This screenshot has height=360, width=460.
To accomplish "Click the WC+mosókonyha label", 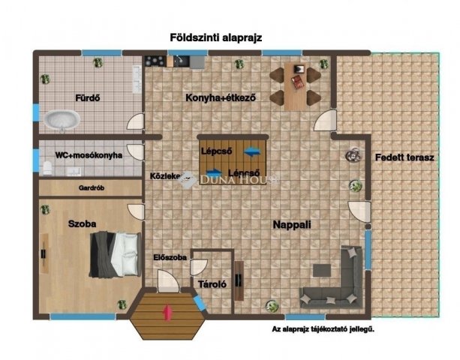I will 83,155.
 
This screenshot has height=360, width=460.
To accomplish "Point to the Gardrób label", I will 91,188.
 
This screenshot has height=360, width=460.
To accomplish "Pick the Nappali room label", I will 292,223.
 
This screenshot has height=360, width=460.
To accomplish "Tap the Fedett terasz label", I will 397,156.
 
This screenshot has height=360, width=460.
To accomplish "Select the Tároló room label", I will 212,284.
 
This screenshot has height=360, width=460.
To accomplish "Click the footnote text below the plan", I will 323,328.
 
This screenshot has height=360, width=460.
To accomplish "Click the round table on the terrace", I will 351,155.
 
